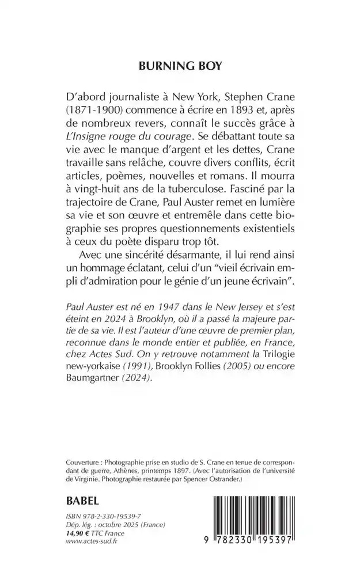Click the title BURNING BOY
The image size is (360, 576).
click(180, 66)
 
